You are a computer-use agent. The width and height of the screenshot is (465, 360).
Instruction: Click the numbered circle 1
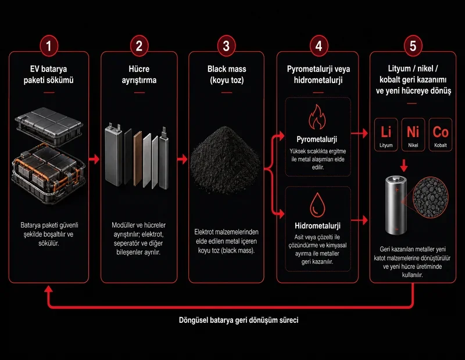coord(49,46)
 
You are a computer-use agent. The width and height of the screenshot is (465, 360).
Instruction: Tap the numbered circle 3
coord(226,46)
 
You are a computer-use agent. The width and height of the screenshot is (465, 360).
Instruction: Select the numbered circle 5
coord(413,46)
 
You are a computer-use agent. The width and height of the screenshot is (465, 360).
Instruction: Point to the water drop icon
coord(317,205)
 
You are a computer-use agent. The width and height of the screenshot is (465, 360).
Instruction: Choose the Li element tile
coord(386,135)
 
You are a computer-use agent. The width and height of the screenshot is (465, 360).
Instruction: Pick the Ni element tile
coord(413,135)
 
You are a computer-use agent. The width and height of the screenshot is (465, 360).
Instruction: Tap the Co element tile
coord(441,135)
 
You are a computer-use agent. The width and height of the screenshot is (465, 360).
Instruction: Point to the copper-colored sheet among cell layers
coord(138,159)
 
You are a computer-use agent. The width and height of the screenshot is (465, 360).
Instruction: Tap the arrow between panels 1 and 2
coord(94,159)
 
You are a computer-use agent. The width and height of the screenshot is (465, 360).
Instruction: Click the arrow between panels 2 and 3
coord(183,159)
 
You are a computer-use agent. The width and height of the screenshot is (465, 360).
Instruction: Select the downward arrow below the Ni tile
coord(403,165)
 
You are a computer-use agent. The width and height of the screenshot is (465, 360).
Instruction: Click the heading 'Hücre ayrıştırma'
coord(139,74)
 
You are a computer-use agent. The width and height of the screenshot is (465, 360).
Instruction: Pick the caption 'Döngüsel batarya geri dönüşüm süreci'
coord(239,320)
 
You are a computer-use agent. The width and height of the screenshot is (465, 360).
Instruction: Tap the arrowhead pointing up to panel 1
coord(49,289)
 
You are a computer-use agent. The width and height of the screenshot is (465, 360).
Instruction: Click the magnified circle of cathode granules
coord(431,197)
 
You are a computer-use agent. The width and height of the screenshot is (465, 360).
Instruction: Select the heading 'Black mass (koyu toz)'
coord(227,74)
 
